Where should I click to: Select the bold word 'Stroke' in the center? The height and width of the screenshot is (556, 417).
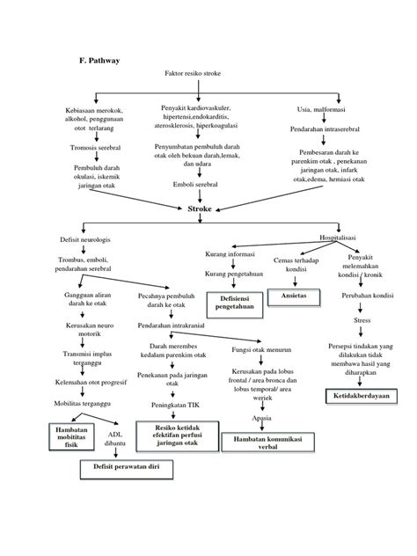(200, 209)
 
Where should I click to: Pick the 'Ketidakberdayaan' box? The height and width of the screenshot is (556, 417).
(357, 395)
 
